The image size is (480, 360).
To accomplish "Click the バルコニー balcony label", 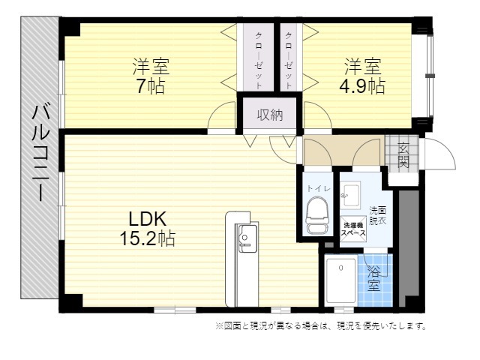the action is pos(40,153).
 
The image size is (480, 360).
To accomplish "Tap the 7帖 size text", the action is pos(151,86).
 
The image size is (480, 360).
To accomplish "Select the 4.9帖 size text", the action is pos(362,86).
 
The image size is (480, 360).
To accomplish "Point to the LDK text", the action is pos(148,219).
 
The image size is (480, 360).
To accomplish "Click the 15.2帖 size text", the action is pos(148,238).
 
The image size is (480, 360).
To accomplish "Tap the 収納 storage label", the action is pos(270,115).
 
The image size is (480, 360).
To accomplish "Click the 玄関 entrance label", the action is pos(403,155).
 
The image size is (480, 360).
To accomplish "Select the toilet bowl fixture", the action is pos(317,215).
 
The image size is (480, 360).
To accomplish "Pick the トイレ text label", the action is pos(318,188).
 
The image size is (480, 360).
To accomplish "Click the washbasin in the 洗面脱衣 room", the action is pos(350,195).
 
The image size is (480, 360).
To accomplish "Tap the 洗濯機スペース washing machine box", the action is pos(353,229).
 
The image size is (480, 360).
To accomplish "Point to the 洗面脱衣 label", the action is pos(378,215).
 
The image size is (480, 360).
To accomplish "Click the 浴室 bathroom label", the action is pos(373,278).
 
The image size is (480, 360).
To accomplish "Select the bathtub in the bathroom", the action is pos(340,280).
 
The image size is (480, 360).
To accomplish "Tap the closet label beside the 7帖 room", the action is pos(259,61).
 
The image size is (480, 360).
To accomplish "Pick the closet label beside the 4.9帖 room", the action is pos(289,61).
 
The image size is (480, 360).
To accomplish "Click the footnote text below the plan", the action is pos(321,326).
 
